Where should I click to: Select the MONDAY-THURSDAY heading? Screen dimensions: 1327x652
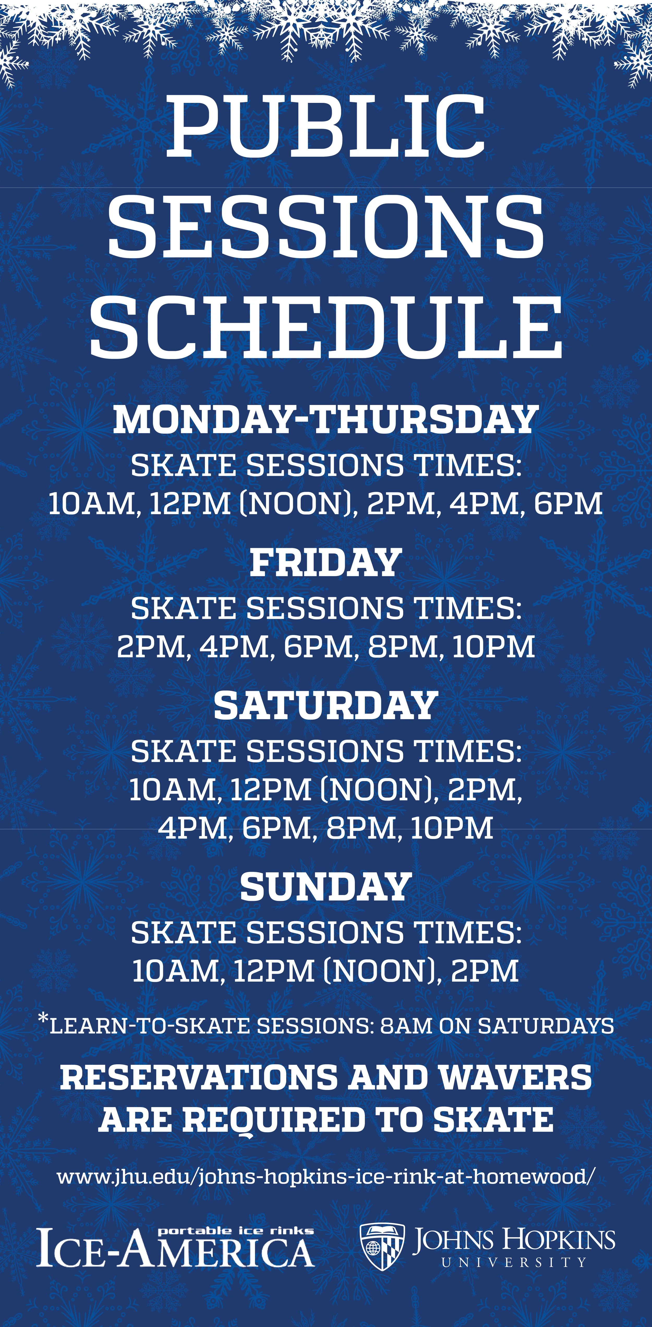326,420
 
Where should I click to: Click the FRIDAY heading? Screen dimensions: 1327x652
326,563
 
